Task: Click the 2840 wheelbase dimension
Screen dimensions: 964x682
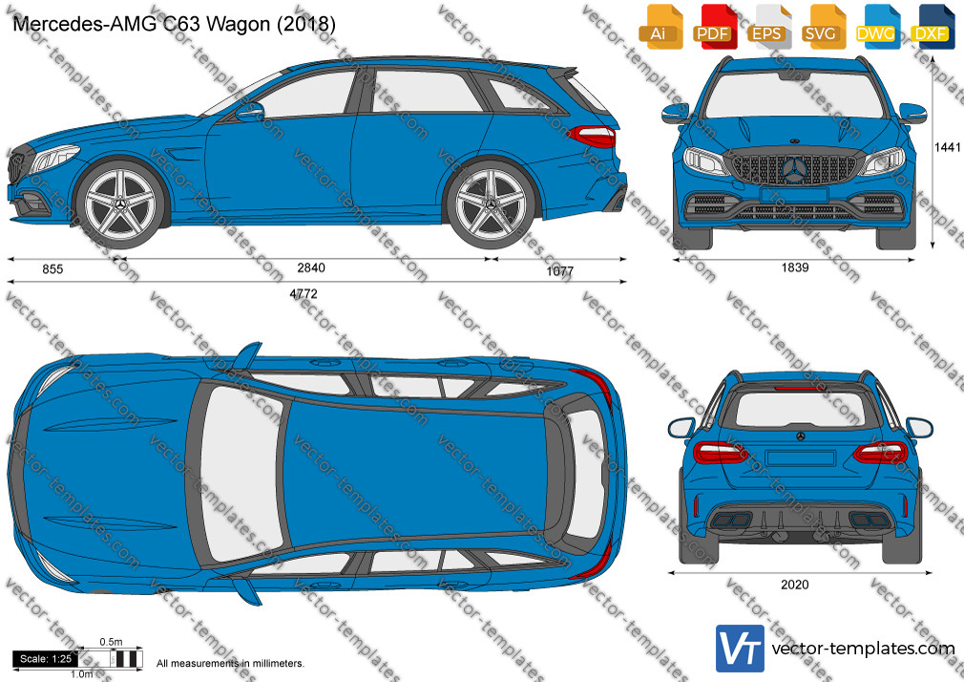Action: point(311,267)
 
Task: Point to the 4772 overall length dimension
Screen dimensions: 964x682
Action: point(304,293)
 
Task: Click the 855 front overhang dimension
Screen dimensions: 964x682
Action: point(52,269)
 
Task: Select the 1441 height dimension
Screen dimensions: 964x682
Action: point(948,147)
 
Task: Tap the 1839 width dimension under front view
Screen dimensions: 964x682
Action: point(795,267)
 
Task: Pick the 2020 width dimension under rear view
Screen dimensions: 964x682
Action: point(795,585)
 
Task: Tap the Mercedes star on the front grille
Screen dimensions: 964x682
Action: point(795,169)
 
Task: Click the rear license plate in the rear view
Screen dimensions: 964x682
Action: point(801,458)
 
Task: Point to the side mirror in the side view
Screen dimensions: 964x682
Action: point(251,112)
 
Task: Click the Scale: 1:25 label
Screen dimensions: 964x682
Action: point(45,659)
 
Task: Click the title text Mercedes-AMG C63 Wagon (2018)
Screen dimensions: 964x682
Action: point(174,24)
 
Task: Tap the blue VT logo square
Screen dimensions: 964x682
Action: point(741,649)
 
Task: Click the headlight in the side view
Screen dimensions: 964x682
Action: point(54,159)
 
